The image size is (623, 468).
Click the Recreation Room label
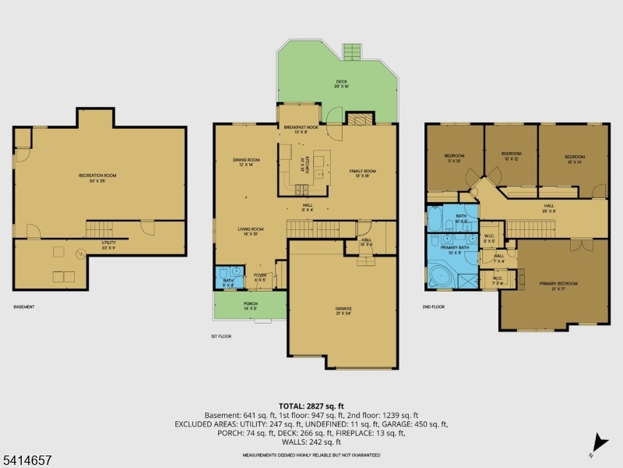pos(97,178)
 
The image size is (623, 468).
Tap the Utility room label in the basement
pos(109,244)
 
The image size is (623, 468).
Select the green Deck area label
pos(341,83)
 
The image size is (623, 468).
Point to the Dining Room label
pos(246,162)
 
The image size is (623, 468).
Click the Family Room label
pos(363,173)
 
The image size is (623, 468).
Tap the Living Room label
pos(251,231)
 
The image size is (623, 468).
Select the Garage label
pos(344,310)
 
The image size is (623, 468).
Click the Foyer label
pos(260,277)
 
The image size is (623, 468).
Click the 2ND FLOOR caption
pos(433,307)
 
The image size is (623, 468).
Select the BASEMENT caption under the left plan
pos(23,307)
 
